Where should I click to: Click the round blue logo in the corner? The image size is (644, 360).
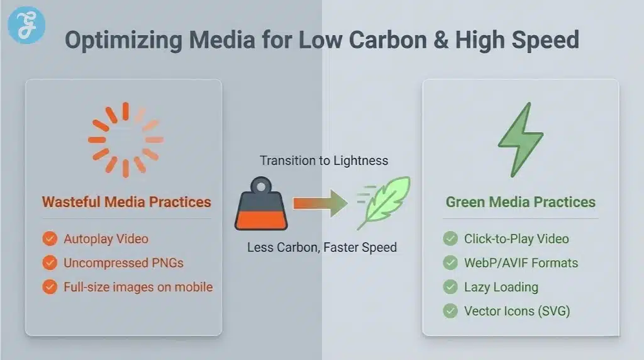(x=26, y=25)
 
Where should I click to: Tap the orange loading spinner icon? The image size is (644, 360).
(x=125, y=140)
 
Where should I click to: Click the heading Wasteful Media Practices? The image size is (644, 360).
(x=126, y=202)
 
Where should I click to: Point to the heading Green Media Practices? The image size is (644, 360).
(x=520, y=202)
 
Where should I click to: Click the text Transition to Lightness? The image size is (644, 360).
(x=324, y=160)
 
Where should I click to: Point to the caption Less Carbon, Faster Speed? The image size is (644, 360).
(x=321, y=247)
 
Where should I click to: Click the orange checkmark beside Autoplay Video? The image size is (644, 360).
(x=49, y=239)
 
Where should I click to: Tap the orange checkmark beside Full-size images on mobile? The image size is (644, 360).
(x=49, y=287)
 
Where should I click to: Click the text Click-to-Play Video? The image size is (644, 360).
(x=516, y=239)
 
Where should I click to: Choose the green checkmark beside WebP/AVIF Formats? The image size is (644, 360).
(x=450, y=263)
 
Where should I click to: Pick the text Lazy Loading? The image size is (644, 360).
(x=501, y=287)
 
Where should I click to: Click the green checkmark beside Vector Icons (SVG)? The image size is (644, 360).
(x=450, y=311)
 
